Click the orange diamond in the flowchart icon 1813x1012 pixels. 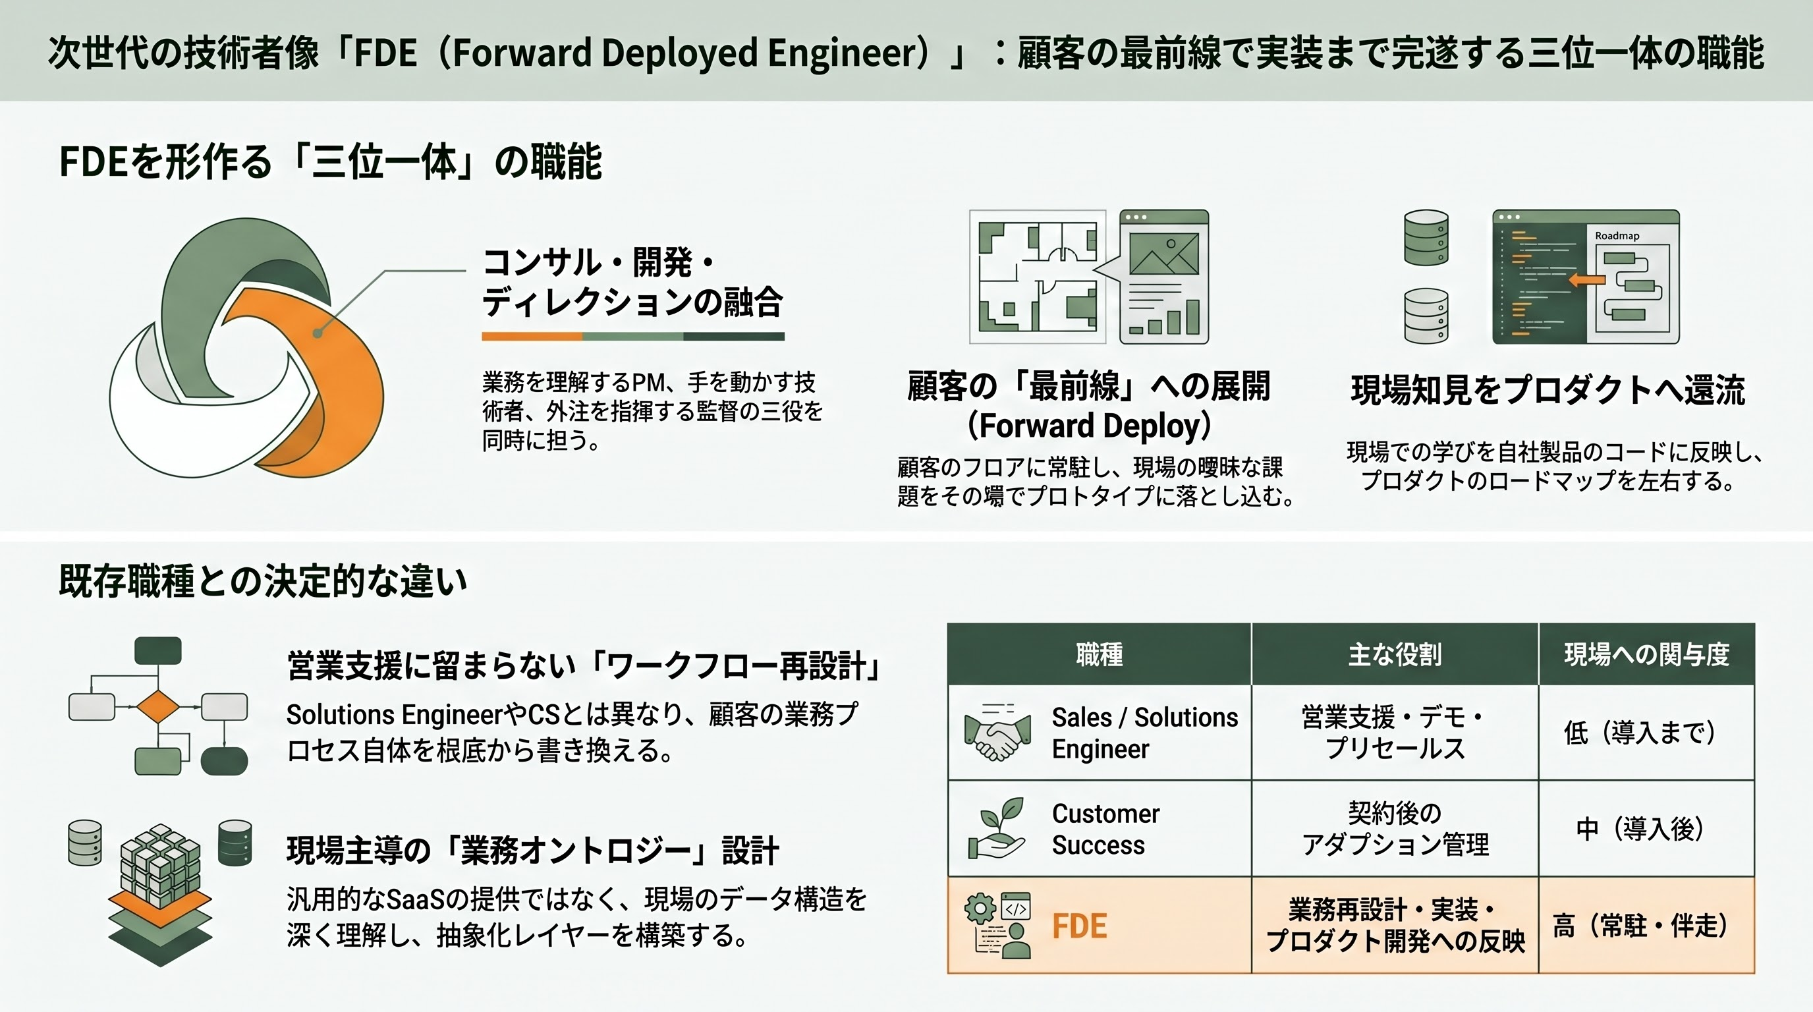pyautogui.click(x=157, y=706)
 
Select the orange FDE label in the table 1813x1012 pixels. pyautogui.click(x=1079, y=926)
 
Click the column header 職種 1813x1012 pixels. pyautogui.click(x=1100, y=654)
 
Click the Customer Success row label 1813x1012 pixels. pyautogui.click(x=1105, y=828)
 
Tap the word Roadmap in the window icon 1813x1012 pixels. pyautogui.click(x=1617, y=236)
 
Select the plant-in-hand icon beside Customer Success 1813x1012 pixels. pyautogui.click(x=997, y=828)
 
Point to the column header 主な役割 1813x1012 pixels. pyautogui.click(x=1394, y=654)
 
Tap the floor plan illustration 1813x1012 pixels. pyautogui.click(x=1038, y=277)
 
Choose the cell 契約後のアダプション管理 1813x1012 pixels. pyautogui.click(x=1394, y=828)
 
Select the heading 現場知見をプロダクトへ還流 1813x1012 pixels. pyautogui.click(x=1548, y=390)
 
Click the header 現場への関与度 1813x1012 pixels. pyautogui.click(x=1646, y=654)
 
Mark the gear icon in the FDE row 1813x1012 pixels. pyautogui.click(x=980, y=909)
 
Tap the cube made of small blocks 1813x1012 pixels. pyautogui.click(x=160, y=864)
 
